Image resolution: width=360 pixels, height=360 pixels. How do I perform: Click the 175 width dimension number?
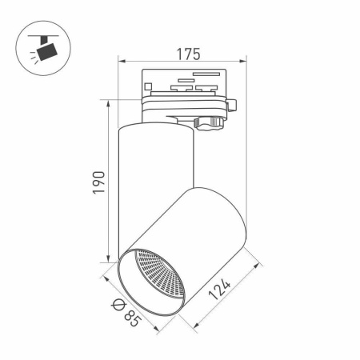point(188,54)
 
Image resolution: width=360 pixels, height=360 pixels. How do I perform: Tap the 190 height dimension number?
point(98,182)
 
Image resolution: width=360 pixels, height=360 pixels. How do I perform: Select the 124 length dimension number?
point(219,290)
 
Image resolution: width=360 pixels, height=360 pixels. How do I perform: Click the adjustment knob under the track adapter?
point(209,124)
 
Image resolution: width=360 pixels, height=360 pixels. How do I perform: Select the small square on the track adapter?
point(148,86)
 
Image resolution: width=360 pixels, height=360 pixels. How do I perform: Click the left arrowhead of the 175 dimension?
point(122,62)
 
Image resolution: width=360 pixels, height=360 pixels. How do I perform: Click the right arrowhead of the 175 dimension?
point(243,62)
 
